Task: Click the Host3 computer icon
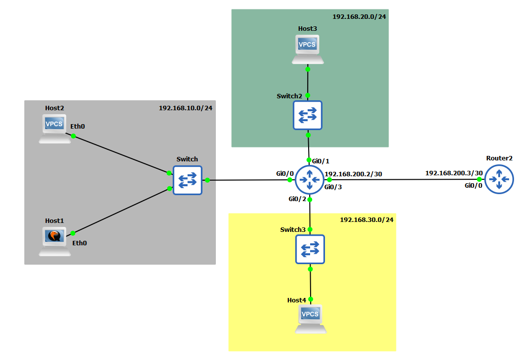(x=308, y=49)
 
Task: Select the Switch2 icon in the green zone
(x=308, y=115)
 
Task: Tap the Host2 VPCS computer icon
(x=55, y=129)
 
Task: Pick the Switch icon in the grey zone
(x=188, y=180)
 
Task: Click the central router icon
(x=310, y=180)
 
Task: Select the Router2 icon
(x=499, y=179)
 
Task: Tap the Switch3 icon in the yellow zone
(x=310, y=249)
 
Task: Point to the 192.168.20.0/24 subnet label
(x=359, y=16)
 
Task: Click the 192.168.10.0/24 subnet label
(x=185, y=107)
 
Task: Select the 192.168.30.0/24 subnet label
(x=366, y=219)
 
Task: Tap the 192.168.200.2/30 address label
(x=353, y=174)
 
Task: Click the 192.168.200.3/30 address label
(x=454, y=173)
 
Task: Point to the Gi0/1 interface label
(x=321, y=161)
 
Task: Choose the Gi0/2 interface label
(x=298, y=199)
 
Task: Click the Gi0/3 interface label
(x=333, y=187)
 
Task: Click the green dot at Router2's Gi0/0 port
(x=480, y=179)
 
